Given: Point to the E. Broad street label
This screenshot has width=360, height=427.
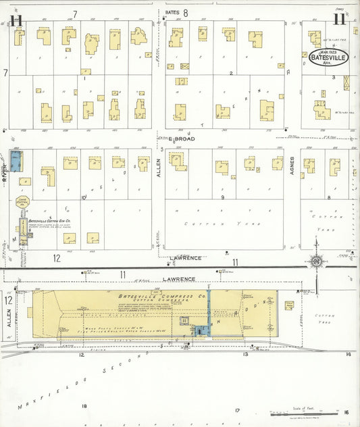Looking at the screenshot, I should tap(182, 139).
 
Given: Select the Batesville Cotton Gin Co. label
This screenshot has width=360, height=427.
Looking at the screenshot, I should tap(50, 220).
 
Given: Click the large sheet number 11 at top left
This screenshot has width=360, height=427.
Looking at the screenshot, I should tap(16, 20).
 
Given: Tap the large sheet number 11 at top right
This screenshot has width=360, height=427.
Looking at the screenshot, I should tap(339, 19).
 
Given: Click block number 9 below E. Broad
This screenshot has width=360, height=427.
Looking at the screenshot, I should tap(222, 197).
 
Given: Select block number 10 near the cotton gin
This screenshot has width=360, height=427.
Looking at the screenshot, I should tap(83, 197).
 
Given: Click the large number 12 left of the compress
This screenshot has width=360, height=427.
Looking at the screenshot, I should tap(9, 300).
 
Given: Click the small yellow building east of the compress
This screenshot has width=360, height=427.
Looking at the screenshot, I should tap(289, 305).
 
